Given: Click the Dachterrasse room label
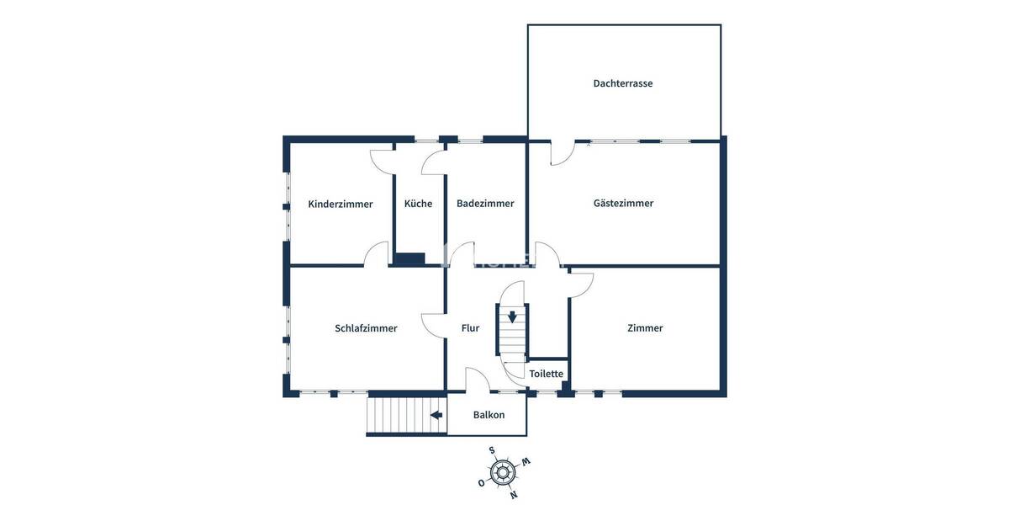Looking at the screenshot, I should [x=622, y=83].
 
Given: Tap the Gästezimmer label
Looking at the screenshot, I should [x=623, y=203].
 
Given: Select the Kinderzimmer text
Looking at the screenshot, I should [x=340, y=204].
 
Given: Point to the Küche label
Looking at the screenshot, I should [x=418, y=204].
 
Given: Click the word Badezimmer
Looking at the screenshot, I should [x=485, y=204].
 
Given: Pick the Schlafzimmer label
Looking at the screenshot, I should [x=366, y=328].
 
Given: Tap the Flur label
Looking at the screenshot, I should [x=470, y=328].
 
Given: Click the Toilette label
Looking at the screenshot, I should [x=547, y=374].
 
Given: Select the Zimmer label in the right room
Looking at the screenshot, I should [x=645, y=328].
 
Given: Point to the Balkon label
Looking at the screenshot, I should [x=489, y=415].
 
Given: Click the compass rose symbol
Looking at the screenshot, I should [x=503, y=472].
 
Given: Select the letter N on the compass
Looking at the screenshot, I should [x=513, y=494].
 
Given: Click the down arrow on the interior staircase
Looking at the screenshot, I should [x=512, y=317].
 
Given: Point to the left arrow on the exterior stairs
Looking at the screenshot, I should [x=436, y=415].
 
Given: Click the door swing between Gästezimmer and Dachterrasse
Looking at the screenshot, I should [x=562, y=153].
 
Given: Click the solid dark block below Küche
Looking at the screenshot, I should [x=410, y=259].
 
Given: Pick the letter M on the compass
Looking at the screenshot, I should [x=526, y=461].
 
